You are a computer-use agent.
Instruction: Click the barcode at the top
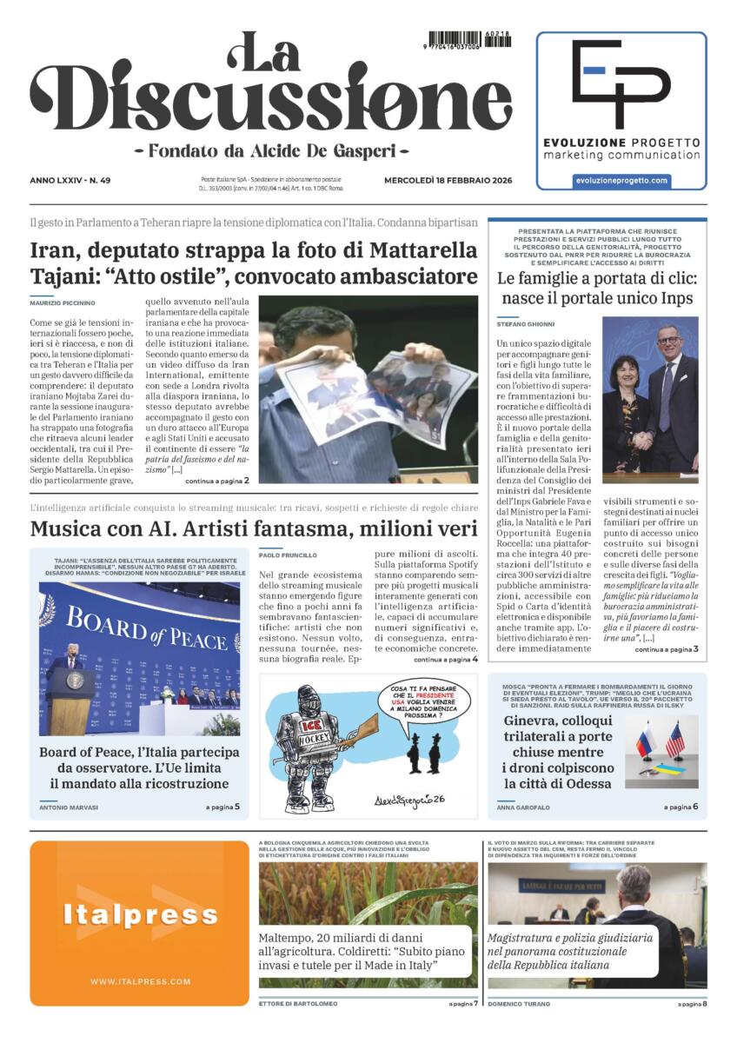pos(469,38)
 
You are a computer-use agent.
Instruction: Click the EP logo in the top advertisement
pos(621,83)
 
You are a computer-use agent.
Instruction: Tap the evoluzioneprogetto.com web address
pos(621,180)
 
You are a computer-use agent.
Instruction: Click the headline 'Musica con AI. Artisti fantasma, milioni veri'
pos(253,528)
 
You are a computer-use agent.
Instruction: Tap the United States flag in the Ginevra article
pos(674,740)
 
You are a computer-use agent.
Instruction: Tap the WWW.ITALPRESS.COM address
pos(140,981)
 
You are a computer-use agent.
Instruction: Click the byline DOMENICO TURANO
pos(519,1004)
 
